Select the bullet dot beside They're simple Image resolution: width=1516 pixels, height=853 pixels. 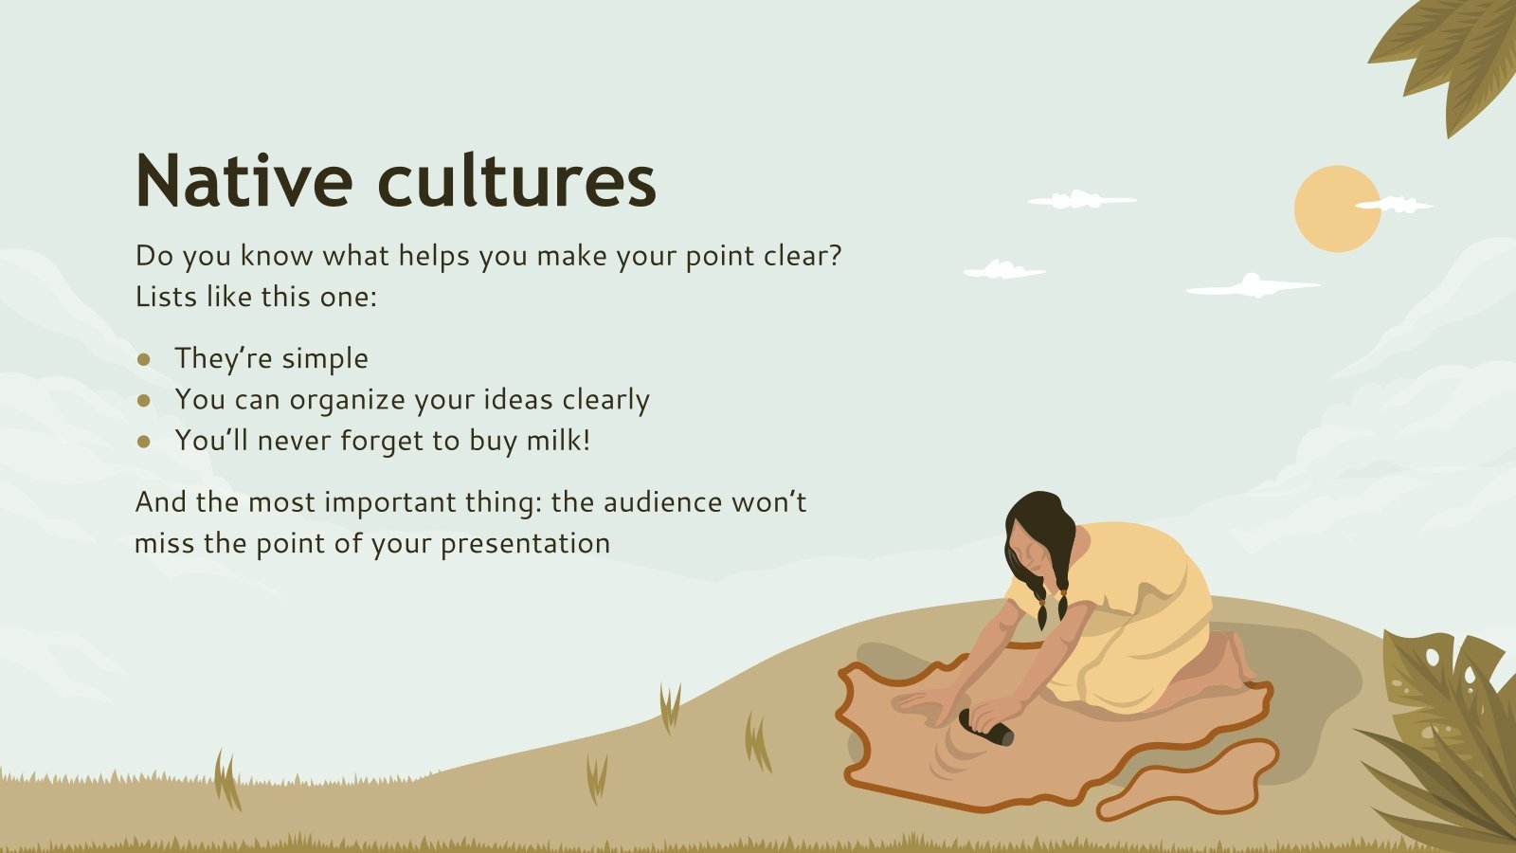[x=144, y=359]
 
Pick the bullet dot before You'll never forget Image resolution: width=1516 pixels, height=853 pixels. [x=144, y=441]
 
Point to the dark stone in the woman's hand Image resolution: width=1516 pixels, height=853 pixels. [x=985, y=727]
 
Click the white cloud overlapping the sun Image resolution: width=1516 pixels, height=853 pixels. [x=1393, y=204]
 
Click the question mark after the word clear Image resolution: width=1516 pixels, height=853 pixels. [x=833, y=256]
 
